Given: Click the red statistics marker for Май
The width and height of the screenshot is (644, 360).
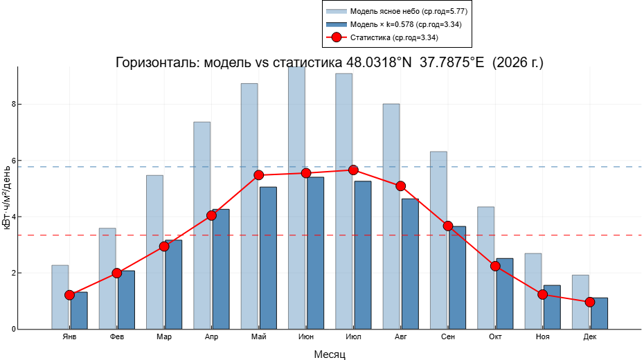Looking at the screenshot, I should (x=259, y=175).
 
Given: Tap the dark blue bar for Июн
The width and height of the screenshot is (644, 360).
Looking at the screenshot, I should (x=316, y=253).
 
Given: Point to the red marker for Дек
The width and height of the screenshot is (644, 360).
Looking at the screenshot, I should (x=590, y=302).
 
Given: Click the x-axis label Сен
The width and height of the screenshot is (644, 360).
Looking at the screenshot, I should (x=448, y=337).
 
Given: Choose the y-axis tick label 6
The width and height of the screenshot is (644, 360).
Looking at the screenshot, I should (x=12, y=161).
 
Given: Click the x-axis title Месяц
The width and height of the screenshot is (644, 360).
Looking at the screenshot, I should (x=330, y=354).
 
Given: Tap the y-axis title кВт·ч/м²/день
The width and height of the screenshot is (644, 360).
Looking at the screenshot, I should (x=8, y=201).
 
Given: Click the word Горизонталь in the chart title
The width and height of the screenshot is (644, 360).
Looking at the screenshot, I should (x=155, y=63).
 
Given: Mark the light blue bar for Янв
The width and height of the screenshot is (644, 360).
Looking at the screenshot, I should (x=60, y=296).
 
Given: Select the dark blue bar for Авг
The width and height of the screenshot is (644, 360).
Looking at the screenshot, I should (x=410, y=263).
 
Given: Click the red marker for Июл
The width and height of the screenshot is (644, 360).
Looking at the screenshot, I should (x=353, y=170).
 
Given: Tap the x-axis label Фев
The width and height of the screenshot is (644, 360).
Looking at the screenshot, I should (x=117, y=337).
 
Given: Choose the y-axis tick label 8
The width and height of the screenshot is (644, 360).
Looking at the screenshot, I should (x=12, y=105).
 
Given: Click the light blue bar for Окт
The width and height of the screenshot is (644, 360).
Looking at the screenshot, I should (x=485, y=267).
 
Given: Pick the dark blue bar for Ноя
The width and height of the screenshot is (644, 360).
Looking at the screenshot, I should (x=552, y=307).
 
